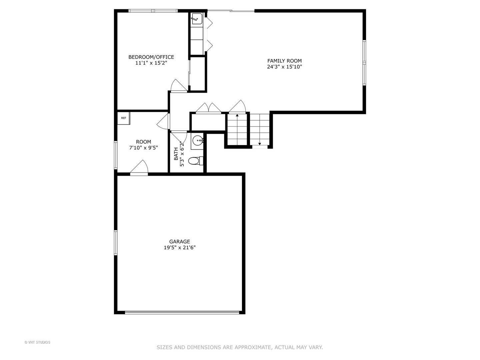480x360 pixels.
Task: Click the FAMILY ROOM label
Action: [x=284, y=61]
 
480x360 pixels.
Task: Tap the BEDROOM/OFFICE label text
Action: [x=151, y=57]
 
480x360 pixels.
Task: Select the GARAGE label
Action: [x=179, y=242]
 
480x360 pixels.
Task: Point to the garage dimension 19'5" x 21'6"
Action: [x=179, y=248]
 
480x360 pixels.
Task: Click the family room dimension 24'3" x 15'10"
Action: [x=284, y=67]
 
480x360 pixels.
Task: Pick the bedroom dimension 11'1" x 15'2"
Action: [x=151, y=63]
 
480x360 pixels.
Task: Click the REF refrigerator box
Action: [x=123, y=118]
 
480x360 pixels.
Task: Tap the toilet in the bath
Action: [x=195, y=161]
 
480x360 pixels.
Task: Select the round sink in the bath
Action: [x=198, y=141]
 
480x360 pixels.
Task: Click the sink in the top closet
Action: [x=196, y=19]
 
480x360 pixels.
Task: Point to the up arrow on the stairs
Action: [x=237, y=115]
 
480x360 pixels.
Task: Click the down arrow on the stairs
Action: [x=260, y=144]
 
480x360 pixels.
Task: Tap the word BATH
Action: [x=176, y=154]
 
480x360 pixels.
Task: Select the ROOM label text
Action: [x=143, y=142]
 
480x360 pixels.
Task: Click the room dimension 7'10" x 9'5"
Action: [x=143, y=148]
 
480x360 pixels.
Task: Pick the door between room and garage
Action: [x=139, y=168]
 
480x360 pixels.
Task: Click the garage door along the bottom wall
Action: [x=182, y=312]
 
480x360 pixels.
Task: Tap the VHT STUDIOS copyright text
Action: [x=37, y=342]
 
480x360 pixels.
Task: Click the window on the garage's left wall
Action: [x=116, y=242]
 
